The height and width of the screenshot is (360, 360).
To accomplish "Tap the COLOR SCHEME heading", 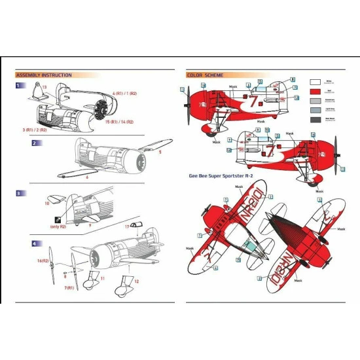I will pos(204,75).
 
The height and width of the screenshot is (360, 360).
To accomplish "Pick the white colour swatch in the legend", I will pos(314,82).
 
